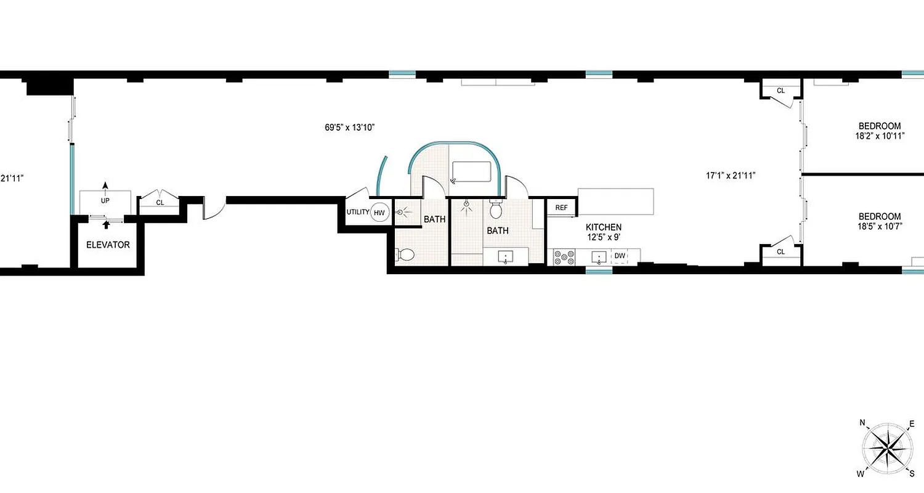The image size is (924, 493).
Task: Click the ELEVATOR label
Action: click(x=108, y=245)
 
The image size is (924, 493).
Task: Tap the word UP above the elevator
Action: click(x=105, y=201)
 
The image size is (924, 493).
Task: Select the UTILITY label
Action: click(x=357, y=213)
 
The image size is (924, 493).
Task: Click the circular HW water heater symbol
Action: click(x=379, y=213)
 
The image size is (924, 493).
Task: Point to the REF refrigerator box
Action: click(x=561, y=208)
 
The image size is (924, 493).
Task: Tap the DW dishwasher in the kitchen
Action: click(x=619, y=256)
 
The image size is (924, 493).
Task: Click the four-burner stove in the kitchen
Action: click(x=564, y=256)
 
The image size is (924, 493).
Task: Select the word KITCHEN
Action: click(x=603, y=227)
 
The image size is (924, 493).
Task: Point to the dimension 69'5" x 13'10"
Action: click(x=350, y=128)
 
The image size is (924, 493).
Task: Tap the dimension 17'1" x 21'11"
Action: click(x=731, y=175)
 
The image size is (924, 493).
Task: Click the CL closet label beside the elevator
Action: click(x=160, y=202)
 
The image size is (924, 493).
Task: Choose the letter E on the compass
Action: click(x=912, y=423)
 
